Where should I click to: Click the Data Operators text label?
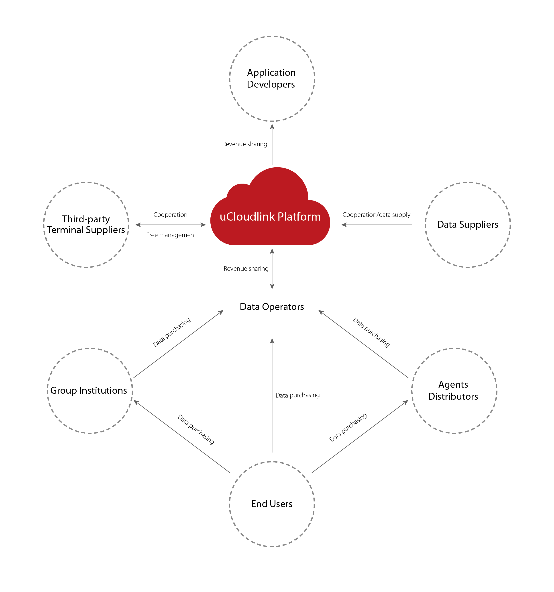coord(272,307)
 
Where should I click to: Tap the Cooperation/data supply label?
coord(376,215)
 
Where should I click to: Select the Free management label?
coord(171,235)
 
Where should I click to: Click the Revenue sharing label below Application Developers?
coord(245,144)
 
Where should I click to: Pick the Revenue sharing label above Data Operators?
coord(246,269)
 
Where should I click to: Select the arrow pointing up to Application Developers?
coord(272,144)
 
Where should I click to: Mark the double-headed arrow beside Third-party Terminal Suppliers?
coord(171,225)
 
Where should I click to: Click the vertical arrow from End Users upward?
coord(272,395)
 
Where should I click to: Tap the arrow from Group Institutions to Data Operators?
coord(179,344)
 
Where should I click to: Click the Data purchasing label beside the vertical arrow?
coord(297,395)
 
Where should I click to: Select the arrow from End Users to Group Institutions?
coord(182,436)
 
